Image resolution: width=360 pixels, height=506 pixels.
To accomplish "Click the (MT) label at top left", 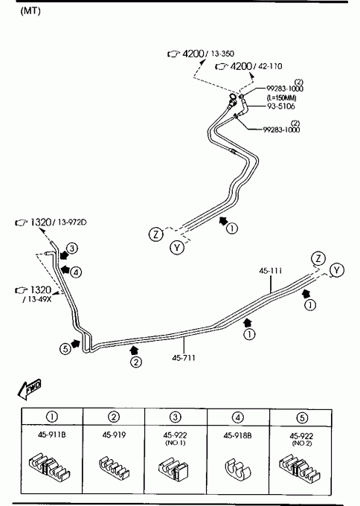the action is point(30,11).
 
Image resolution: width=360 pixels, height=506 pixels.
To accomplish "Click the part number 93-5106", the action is point(280,106).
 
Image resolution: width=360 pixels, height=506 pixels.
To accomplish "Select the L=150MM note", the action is point(281,97).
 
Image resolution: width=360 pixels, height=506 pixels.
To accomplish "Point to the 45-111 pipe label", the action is point(270,270).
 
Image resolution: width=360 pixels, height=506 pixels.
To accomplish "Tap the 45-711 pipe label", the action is point(184,358).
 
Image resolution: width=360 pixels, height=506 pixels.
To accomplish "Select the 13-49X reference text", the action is point(37,299).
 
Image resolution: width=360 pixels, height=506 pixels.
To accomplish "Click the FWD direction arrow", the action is point(29,388).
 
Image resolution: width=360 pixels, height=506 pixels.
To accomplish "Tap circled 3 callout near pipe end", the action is point(72,249).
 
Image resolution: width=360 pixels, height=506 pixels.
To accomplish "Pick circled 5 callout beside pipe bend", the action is point(65,349).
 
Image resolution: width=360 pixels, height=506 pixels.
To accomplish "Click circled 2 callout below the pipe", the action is point(136,362).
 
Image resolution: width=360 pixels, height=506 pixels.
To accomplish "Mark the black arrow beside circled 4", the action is point(65,269).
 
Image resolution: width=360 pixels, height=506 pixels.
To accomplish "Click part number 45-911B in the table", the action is point(51,435).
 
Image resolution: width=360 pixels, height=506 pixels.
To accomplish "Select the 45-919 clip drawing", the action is point(114,467).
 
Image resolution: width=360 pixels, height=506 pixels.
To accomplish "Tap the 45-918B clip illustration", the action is point(238,467).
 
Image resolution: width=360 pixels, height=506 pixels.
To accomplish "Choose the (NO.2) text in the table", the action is point(302,443).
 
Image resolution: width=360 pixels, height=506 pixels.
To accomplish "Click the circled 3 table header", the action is point(175,417).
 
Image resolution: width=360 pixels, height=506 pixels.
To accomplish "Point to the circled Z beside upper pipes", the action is point(156,234).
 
